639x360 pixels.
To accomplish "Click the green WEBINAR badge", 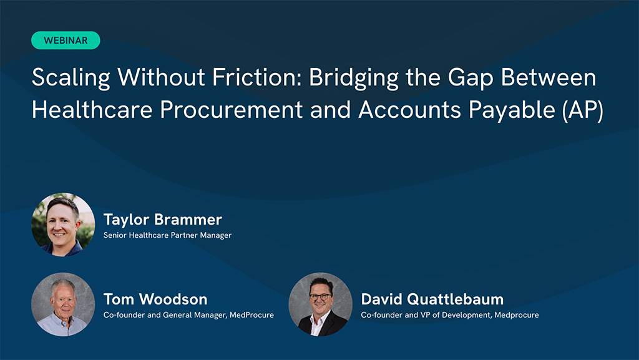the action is click(x=66, y=41).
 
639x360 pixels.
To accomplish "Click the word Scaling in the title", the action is click(x=71, y=78).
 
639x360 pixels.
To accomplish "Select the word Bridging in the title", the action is click(x=353, y=78).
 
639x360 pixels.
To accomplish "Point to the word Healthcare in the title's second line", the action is click(x=92, y=110).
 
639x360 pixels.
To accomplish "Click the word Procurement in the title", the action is click(x=231, y=110).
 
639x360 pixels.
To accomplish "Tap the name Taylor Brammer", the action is click(x=163, y=220).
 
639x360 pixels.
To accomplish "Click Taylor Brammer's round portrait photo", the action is click(x=63, y=225).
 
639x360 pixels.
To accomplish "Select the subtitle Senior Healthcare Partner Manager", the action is click(x=167, y=235).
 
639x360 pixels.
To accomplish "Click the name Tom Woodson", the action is click(x=155, y=299).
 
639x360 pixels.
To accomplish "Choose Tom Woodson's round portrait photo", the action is click(x=63, y=304).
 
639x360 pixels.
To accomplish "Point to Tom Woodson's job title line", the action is click(x=188, y=315).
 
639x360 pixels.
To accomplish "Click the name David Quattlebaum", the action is click(x=432, y=299).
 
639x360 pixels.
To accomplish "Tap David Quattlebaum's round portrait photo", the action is click(x=320, y=304).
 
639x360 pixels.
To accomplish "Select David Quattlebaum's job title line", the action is click(x=450, y=315).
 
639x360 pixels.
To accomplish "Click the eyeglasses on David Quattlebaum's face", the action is click(x=320, y=296).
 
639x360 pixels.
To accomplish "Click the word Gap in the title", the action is click(x=471, y=78).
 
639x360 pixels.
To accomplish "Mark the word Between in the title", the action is click(x=549, y=77).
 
